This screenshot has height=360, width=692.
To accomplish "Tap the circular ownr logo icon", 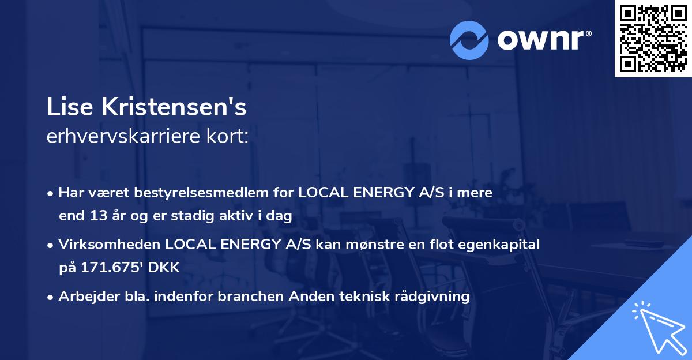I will [x=469, y=40].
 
